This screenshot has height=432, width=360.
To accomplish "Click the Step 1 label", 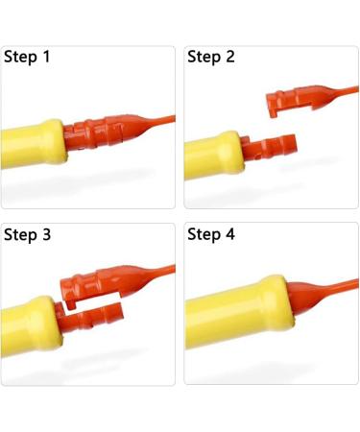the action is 27,57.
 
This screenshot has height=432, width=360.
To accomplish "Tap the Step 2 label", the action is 211,57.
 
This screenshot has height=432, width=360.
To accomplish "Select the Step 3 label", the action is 27,234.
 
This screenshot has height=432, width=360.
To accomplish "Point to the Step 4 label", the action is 211,234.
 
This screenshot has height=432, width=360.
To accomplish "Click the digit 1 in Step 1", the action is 46,57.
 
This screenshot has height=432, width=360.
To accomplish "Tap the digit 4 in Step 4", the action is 230,233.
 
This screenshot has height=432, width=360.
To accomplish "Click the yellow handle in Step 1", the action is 34,144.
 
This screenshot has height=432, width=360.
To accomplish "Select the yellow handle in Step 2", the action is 214,156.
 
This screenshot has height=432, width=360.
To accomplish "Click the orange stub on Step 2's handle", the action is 268,146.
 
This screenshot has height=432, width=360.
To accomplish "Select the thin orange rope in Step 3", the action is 161,271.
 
